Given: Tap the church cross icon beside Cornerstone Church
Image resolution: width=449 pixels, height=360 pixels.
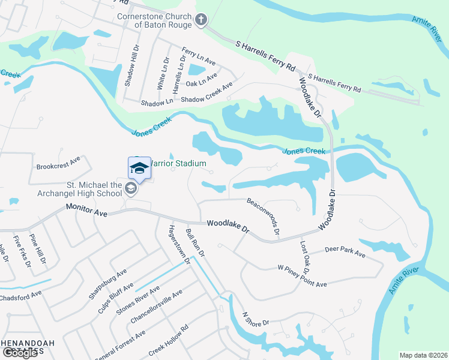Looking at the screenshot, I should (201, 21).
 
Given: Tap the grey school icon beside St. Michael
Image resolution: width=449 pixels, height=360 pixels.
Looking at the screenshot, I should (130, 189).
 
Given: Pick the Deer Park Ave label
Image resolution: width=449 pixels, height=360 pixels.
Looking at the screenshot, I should (345, 251).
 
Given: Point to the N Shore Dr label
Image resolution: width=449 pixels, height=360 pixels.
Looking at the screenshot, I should (255, 319).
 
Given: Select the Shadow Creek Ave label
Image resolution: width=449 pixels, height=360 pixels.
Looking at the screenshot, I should (206, 92).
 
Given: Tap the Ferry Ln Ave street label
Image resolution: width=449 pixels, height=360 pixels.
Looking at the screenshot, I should (199, 58).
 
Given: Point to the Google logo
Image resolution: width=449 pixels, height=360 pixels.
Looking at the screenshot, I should (20, 352).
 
